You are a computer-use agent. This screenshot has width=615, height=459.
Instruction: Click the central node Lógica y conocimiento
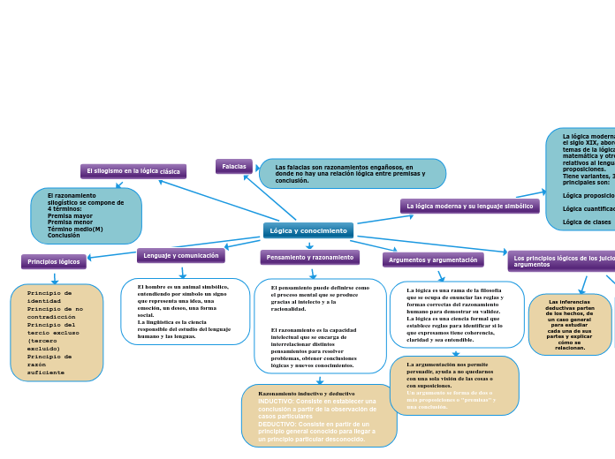tap(307, 230)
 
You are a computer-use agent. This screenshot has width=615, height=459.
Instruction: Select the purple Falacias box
tap(234, 166)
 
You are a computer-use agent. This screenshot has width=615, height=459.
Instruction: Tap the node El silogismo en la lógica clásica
tap(133, 171)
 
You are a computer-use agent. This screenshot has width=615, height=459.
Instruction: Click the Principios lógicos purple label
tap(54, 261)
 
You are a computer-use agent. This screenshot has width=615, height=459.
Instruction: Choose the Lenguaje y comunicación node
tap(181, 255)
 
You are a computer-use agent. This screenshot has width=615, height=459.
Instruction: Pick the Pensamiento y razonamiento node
tap(309, 257)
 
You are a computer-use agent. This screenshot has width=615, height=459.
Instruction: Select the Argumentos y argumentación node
tap(433, 260)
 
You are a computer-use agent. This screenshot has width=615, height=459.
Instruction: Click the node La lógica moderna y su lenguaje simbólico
tap(469, 206)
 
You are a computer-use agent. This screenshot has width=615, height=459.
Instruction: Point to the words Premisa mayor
tap(70, 215)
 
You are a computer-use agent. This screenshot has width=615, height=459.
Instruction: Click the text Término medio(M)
tap(75, 229)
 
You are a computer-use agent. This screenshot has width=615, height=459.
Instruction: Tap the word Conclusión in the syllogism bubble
tap(64, 236)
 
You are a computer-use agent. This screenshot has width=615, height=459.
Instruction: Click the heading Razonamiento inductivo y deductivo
tap(306, 393)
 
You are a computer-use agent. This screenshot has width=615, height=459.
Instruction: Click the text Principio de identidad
tap(49, 296)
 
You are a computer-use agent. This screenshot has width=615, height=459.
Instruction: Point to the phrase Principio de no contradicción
tap(55, 312)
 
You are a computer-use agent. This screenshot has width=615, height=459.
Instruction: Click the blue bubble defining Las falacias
tap(352, 173)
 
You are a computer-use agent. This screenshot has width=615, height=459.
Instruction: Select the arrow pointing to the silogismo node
tap(221, 199)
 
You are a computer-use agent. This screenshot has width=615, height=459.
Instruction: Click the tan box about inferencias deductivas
tap(569, 324)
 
